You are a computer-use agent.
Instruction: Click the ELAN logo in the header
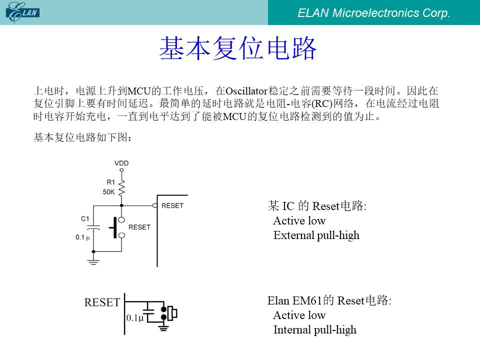click(x=22, y=12)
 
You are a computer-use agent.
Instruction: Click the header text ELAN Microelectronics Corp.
click(x=374, y=13)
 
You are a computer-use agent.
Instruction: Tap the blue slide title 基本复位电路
click(x=238, y=48)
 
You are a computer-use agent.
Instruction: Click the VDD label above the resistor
click(x=121, y=163)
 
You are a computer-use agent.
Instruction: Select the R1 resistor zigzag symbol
click(x=121, y=187)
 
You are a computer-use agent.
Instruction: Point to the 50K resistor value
click(x=108, y=192)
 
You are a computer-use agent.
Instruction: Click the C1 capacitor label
click(x=85, y=218)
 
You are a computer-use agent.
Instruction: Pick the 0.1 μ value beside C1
click(x=82, y=237)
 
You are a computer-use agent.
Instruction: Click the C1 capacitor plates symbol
click(x=93, y=228)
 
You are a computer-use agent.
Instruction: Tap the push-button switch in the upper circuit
click(x=117, y=227)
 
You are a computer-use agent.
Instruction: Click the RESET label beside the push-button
click(x=139, y=227)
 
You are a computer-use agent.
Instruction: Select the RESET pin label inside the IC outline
click(x=172, y=205)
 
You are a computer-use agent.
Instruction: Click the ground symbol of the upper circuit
click(x=93, y=261)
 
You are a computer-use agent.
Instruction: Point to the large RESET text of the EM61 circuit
click(x=102, y=302)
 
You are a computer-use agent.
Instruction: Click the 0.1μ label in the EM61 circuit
click(x=135, y=318)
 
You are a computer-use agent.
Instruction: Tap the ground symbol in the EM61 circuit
click(x=163, y=328)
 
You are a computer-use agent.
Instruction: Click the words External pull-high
click(x=316, y=235)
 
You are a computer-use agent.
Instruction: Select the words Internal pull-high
click(x=314, y=330)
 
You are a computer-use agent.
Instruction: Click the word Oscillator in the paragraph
click(x=246, y=91)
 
